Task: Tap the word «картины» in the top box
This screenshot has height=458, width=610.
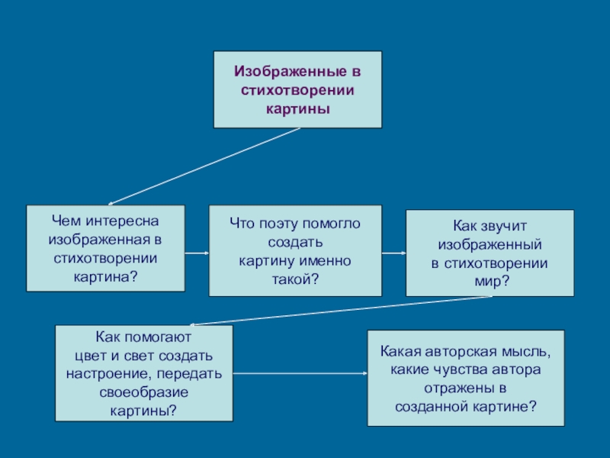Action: [297, 108]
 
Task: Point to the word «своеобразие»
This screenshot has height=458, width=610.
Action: [144, 392]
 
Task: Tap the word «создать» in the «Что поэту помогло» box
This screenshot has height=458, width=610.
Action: [295, 242]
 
